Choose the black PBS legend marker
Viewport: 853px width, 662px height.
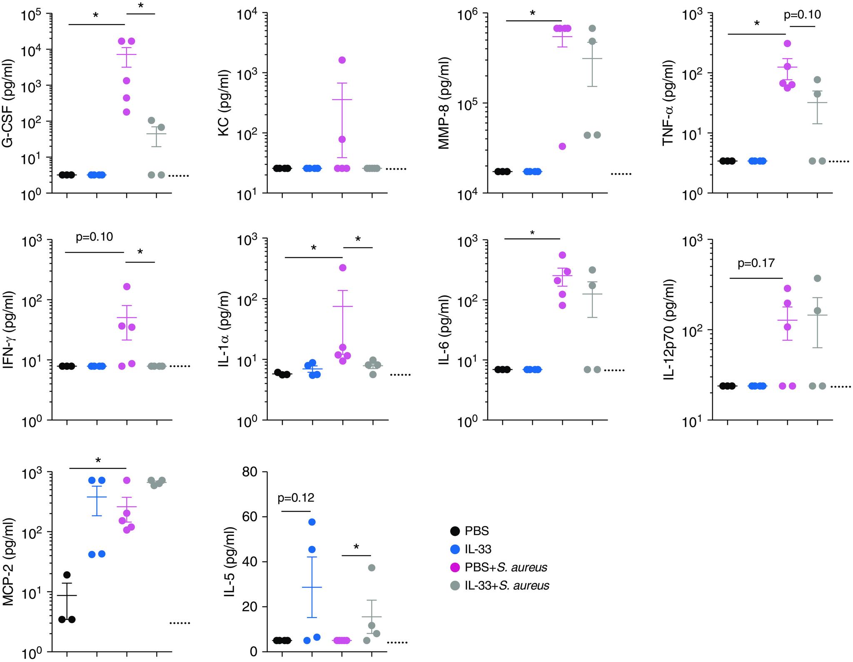[455, 531]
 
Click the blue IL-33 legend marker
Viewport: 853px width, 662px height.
[455, 549]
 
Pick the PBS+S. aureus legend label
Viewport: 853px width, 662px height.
[506, 568]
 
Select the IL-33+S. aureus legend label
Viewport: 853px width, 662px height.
[507, 586]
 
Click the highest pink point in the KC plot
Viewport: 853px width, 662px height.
[342, 60]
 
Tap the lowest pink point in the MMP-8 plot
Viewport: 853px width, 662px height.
[562, 146]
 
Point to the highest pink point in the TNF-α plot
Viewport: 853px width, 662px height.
[787, 43]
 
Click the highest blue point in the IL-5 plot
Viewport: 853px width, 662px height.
[312, 522]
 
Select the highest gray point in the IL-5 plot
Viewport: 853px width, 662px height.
[372, 568]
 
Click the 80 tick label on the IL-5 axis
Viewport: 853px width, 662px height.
[250, 471]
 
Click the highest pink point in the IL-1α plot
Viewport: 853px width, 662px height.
[342, 268]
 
